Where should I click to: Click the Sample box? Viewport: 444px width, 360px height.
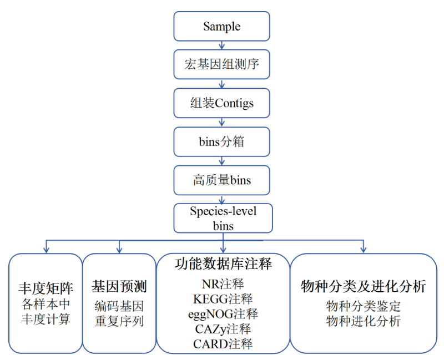(x=222, y=26)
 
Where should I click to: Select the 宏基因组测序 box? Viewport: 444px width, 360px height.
(x=222, y=65)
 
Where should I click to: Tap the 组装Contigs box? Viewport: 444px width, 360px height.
(x=222, y=103)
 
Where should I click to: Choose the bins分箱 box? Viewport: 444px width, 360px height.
(x=222, y=141)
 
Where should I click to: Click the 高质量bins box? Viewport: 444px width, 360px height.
(x=222, y=180)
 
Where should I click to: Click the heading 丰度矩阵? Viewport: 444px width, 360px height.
(x=46, y=288)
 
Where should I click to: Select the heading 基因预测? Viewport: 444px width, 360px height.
(x=119, y=287)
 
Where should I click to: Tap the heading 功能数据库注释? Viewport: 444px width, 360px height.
(x=223, y=264)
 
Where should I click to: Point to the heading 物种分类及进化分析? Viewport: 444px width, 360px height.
(x=364, y=286)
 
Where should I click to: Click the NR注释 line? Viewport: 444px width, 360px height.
(x=223, y=285)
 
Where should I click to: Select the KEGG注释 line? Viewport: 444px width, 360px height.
(x=223, y=300)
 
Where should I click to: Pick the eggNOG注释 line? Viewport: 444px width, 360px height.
(x=223, y=314)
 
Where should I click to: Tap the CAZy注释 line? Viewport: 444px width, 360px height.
(x=223, y=329)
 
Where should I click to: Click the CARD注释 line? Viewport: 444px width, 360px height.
(x=223, y=344)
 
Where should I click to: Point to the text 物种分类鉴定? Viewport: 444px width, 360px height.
(x=364, y=306)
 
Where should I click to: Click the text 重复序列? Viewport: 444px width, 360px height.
(x=119, y=321)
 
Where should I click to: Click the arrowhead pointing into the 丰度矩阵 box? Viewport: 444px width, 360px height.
(x=46, y=250)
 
